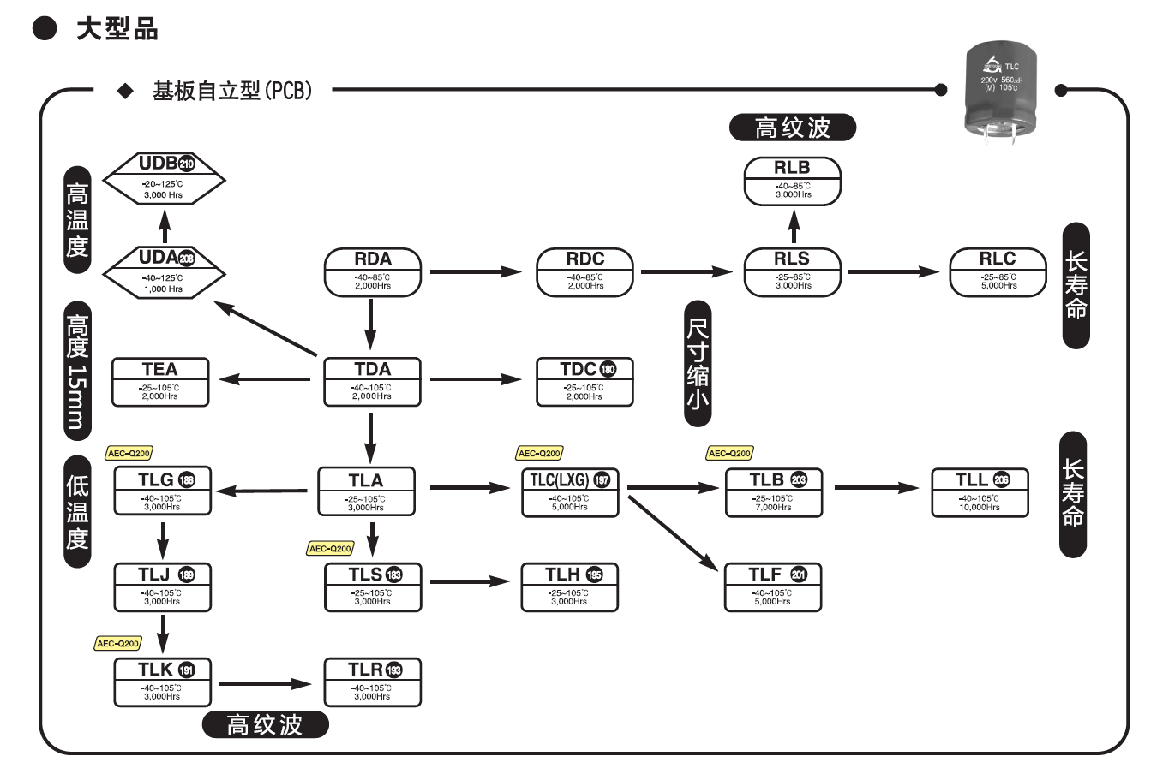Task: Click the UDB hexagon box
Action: click(164, 179)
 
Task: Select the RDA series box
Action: click(373, 272)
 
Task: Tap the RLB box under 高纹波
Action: click(793, 181)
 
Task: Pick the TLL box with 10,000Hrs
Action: click(980, 492)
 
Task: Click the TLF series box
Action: click(773, 586)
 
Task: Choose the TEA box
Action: click(160, 381)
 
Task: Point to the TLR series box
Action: click(373, 682)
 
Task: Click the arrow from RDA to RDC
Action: click(476, 272)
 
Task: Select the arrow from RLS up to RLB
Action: click(794, 227)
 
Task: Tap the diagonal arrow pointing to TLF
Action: click(673, 533)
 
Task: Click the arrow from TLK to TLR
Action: click(266, 683)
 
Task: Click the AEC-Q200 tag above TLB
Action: click(729, 453)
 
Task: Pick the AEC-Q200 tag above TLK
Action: click(117, 643)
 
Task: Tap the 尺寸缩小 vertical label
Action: click(698, 364)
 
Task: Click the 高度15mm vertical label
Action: click(77, 371)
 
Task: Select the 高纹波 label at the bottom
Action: click(265, 725)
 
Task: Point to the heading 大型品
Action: click(117, 29)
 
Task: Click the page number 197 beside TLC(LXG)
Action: click(602, 479)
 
